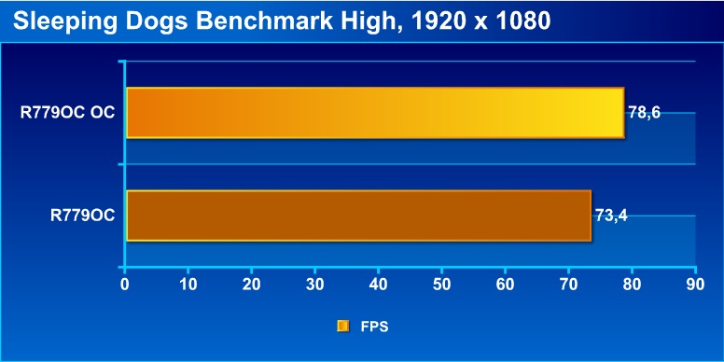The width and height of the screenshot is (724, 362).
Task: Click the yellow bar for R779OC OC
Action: click(x=375, y=113)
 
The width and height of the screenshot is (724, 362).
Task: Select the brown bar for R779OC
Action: click(x=358, y=216)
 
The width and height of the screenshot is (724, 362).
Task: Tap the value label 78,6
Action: click(x=644, y=113)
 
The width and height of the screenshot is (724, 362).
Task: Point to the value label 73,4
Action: click(x=611, y=216)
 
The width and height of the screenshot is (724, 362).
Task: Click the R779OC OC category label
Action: click(x=67, y=113)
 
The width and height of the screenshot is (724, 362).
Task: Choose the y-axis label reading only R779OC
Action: click(x=83, y=216)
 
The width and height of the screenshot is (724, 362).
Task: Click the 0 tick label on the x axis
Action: click(x=125, y=285)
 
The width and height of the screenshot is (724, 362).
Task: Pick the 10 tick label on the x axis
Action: click(x=188, y=285)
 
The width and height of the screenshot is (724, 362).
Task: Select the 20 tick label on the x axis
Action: click(x=251, y=285)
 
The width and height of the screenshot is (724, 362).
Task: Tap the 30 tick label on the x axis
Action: click(x=314, y=285)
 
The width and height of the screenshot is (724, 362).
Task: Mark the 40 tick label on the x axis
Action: click(x=378, y=285)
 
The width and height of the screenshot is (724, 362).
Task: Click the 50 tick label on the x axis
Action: click(x=441, y=285)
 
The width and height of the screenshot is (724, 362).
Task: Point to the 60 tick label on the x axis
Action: click(x=505, y=285)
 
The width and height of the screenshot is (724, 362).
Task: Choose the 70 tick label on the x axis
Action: click(x=568, y=285)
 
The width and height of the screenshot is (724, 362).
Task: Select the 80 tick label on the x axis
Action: click(x=632, y=285)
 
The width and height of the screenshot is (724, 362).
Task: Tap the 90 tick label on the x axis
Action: click(x=695, y=285)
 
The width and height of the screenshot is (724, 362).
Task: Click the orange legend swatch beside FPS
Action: click(x=343, y=327)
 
